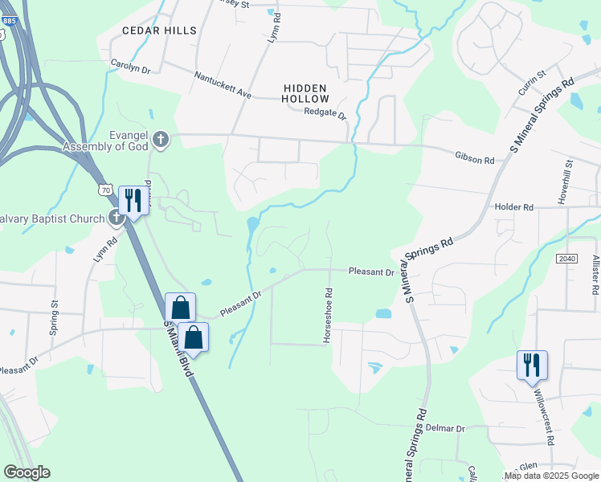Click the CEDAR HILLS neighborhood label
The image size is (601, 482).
[159, 31]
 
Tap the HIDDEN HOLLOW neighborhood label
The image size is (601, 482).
[305, 92]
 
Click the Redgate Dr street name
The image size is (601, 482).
[325, 113]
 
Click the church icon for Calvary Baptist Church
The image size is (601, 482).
[116, 218]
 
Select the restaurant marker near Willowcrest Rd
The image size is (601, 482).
[532, 366]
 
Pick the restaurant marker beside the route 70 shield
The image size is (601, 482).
[132, 200]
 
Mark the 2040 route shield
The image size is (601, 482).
[566, 258]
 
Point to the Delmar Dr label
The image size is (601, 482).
[445, 429]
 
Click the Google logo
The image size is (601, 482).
[27, 472]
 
